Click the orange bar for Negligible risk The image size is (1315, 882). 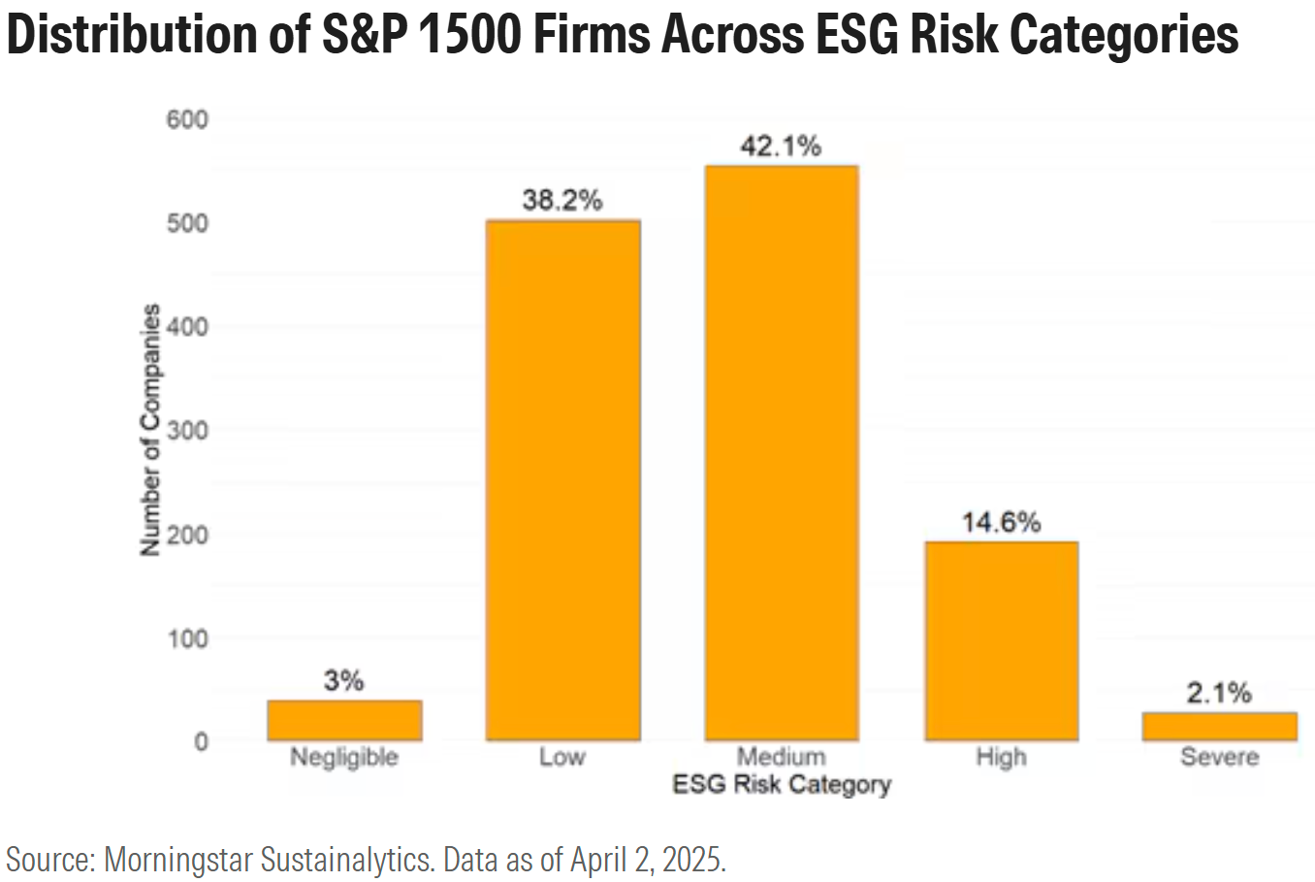pyautogui.click(x=344, y=720)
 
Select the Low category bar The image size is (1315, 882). pyautogui.click(x=562, y=480)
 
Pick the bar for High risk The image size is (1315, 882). pyautogui.click(x=1001, y=640)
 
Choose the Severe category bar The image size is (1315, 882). pyautogui.click(x=1219, y=726)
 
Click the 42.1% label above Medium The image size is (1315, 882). pyautogui.click(x=781, y=147)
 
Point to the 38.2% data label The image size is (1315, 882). pyautogui.click(x=562, y=201)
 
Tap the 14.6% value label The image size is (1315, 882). pyautogui.click(x=1001, y=522)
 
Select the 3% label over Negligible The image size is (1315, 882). pyautogui.click(x=344, y=681)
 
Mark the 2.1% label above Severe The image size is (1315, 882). pyautogui.click(x=1219, y=693)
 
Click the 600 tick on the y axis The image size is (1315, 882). pyautogui.click(x=188, y=119)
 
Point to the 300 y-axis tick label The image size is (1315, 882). pyautogui.click(x=188, y=430)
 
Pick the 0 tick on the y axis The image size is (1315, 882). pyautogui.click(x=201, y=741)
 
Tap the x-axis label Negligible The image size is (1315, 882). pyautogui.click(x=344, y=757)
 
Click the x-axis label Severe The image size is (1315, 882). pyautogui.click(x=1219, y=757)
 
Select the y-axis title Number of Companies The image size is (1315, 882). pyautogui.click(x=150, y=430)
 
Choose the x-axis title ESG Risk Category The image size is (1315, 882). pyautogui.click(x=781, y=784)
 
